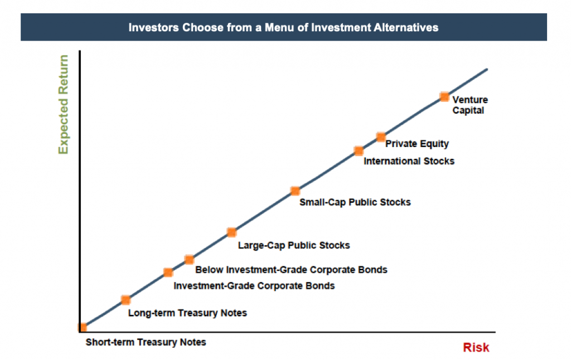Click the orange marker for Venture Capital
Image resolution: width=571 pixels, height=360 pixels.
444,97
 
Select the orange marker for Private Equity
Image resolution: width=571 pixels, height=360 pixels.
381,137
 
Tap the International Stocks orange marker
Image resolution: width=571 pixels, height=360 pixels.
359,150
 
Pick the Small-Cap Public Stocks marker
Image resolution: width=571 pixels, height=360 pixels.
296,191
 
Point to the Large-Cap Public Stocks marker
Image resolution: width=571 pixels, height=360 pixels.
231,232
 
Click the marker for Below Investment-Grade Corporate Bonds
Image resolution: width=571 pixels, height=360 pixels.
189,260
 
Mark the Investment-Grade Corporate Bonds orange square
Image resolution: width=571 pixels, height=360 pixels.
168,273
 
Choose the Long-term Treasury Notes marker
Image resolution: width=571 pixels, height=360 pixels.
125,300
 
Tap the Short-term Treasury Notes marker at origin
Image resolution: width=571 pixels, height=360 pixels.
83,327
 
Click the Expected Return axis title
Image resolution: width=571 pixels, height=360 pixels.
64,104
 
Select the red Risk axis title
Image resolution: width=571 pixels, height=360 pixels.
476,347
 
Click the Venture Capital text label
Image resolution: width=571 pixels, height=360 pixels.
470,105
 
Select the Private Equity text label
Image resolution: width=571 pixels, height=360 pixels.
417,144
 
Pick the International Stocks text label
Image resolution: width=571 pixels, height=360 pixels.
409,161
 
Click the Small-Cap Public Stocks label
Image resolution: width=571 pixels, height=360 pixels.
355,202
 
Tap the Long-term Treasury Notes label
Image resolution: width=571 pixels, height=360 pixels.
187,313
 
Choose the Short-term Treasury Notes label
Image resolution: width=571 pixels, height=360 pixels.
146,342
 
